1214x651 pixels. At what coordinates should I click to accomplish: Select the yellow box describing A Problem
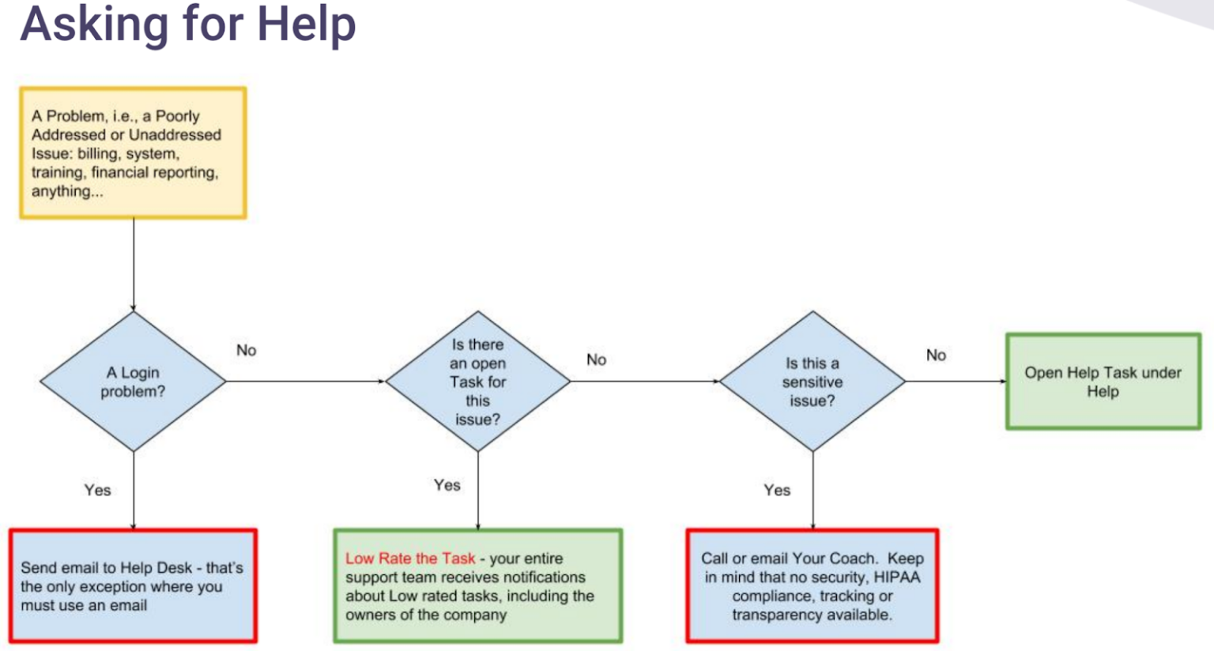(133, 153)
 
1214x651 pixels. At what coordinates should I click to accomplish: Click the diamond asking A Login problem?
(133, 382)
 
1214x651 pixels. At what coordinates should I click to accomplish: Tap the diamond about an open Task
(477, 382)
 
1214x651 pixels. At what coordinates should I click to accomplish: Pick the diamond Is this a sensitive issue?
(812, 382)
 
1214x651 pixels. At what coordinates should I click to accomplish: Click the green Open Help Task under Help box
(1103, 382)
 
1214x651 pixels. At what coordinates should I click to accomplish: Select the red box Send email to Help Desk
(133, 586)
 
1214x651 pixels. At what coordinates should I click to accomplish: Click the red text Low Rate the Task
(409, 559)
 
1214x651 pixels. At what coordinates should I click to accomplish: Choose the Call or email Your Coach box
(812, 586)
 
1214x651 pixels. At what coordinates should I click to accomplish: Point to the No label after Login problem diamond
(246, 350)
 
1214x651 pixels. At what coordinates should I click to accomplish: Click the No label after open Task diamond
(596, 359)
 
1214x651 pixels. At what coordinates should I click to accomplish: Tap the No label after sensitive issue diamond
(936, 356)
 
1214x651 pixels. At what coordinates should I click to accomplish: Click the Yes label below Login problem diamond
(97, 490)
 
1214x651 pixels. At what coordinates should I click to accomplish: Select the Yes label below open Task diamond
(447, 485)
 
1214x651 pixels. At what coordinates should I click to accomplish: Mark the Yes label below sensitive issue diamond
(776, 490)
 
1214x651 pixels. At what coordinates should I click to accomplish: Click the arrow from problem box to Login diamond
(134, 265)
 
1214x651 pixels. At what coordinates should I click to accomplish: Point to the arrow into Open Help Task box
(956, 382)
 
